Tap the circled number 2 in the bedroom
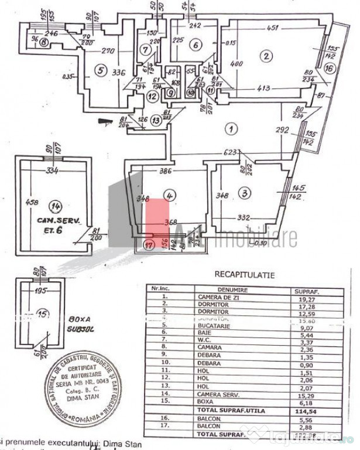tap(266, 56)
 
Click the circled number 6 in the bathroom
tap(196, 43)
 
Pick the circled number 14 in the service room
tap(57, 206)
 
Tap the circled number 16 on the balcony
tap(329, 69)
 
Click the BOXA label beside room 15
tap(77, 320)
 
